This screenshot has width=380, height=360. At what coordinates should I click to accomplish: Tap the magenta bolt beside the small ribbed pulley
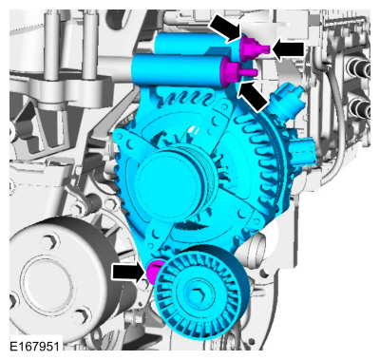point(150,273)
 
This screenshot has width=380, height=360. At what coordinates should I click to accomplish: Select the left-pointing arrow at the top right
point(289,47)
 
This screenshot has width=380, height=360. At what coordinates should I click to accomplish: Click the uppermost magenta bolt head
point(252,47)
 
